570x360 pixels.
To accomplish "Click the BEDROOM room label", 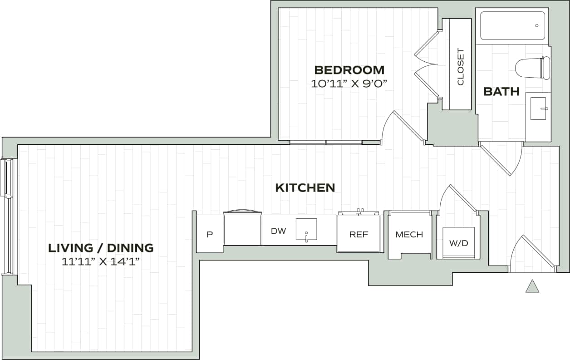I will click(349, 70).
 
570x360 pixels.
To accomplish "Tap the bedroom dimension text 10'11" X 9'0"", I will click(349, 84).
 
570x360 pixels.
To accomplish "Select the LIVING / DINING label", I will click(101, 248).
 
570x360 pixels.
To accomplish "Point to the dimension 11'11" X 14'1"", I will click(101, 261).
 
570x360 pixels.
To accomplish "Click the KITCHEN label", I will click(305, 187).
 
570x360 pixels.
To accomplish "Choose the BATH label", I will click(501, 92).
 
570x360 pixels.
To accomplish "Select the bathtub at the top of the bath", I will click(512, 26).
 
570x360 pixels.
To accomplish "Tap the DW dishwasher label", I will click(278, 231).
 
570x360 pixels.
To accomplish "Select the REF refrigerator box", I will click(359, 234).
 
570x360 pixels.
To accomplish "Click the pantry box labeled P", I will click(210, 235).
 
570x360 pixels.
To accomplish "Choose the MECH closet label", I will click(409, 234).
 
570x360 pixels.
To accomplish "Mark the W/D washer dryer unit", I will click(458, 243).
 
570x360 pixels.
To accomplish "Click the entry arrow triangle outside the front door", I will click(532, 286).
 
